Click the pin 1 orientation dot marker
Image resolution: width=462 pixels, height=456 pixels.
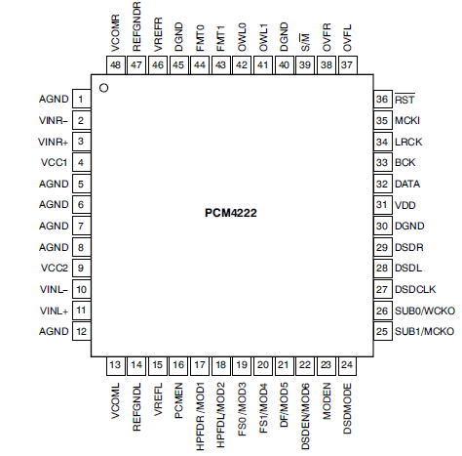click(104, 88)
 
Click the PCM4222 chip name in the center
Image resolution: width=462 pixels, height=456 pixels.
click(231, 213)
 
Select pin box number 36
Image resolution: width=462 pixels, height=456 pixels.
click(383, 99)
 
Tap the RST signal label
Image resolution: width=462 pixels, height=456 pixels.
click(404, 99)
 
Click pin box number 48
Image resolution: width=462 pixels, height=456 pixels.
click(115, 65)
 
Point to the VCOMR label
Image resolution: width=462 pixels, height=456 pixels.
click(115, 33)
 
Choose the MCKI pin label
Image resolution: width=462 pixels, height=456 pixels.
click(407, 120)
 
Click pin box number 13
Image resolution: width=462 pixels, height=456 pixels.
click(115, 365)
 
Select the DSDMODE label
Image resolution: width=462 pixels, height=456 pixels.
click(347, 408)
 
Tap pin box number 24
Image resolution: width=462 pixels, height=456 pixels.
click(347, 365)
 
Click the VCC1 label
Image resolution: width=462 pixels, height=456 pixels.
click(54, 162)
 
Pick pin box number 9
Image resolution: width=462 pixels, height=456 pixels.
click(81, 269)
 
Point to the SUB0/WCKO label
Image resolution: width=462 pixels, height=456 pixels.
click(425, 311)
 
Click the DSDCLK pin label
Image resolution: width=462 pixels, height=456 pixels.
click(415, 289)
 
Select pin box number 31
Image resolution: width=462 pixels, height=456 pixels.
click(383, 205)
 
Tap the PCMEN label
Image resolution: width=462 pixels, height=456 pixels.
click(178, 400)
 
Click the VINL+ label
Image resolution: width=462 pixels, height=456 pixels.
click(54, 311)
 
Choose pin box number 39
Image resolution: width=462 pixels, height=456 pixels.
click(305, 65)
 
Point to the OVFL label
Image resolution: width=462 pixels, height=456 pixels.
click(347, 38)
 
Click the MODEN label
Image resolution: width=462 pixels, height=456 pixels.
click(327, 401)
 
